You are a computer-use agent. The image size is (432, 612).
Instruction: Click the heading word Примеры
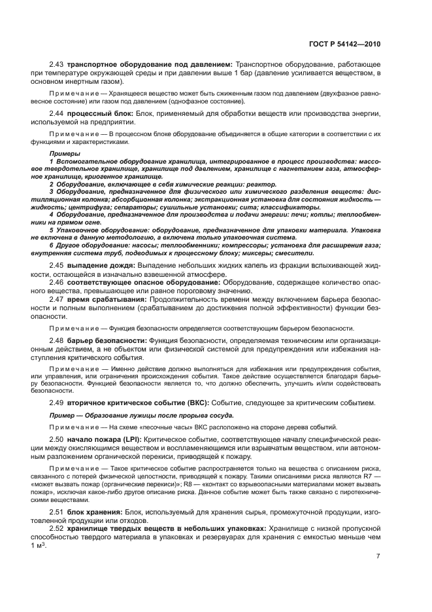(61, 153)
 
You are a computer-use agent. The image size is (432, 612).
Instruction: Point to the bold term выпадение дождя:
(101, 264)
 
